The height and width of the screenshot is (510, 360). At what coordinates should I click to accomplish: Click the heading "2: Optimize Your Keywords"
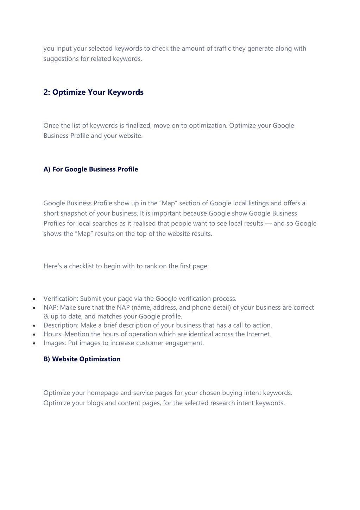[x=93, y=92]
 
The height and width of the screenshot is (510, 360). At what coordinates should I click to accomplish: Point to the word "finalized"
[x=138, y=126]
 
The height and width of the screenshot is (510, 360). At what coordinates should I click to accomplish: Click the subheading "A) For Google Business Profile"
[x=90, y=169]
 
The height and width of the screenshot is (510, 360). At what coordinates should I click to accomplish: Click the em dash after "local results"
[x=268, y=224]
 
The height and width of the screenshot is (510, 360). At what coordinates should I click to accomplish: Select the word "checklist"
[x=81, y=266]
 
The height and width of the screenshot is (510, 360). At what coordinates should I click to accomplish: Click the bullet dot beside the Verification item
[x=34, y=299]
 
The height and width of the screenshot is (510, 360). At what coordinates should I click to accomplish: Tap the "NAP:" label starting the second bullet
[x=51, y=308]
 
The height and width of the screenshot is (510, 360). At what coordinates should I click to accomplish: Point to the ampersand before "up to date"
[x=46, y=317]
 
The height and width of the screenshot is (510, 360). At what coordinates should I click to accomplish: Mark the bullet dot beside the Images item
[x=34, y=343]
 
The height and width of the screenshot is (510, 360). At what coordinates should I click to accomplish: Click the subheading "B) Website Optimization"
[x=82, y=359]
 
